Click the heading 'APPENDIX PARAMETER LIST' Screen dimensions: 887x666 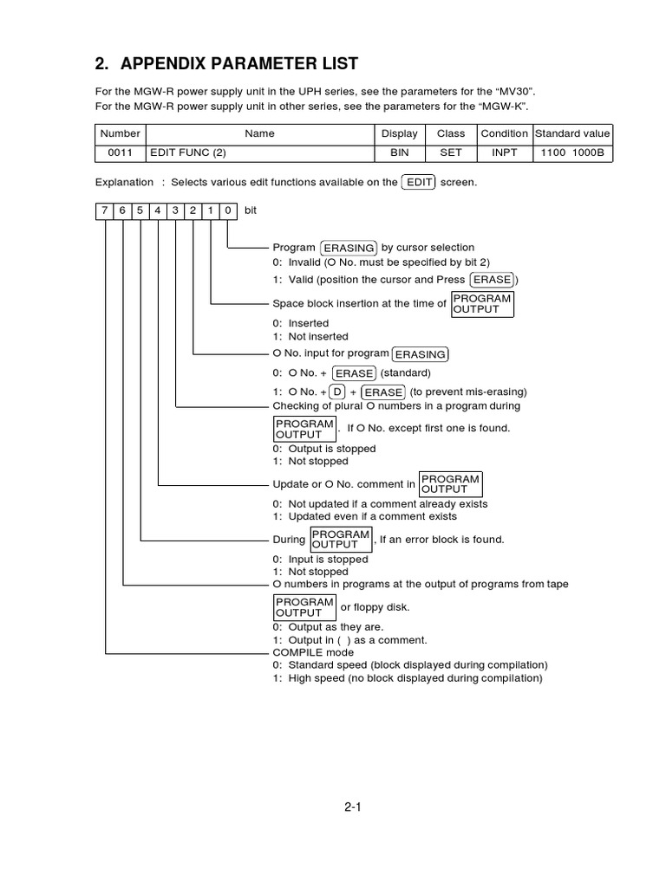[239, 64]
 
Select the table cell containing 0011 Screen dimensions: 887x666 [120, 152]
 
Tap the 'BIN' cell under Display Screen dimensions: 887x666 [399, 152]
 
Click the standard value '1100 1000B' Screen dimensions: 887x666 [572, 152]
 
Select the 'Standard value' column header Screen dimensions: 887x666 [572, 133]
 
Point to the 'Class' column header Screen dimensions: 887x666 [451, 133]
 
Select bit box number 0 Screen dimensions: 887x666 [227, 210]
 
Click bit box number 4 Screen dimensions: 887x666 [157, 210]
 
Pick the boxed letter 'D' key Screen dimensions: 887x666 [337, 392]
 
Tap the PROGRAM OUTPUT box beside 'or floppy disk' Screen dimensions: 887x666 [304, 607]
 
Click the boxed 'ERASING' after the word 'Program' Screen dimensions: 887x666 [348, 248]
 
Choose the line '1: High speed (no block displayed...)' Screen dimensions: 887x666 [408, 678]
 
